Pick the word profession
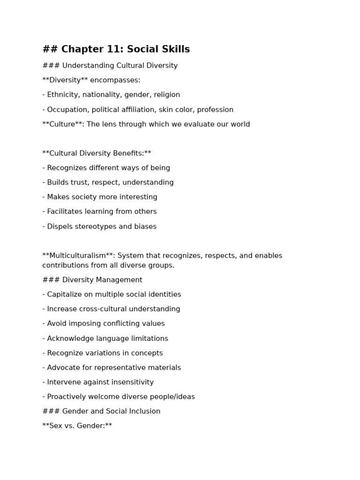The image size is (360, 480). (215, 110)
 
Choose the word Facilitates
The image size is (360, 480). (65, 211)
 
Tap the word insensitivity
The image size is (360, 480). (130, 382)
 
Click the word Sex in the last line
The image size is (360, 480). (55, 426)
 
